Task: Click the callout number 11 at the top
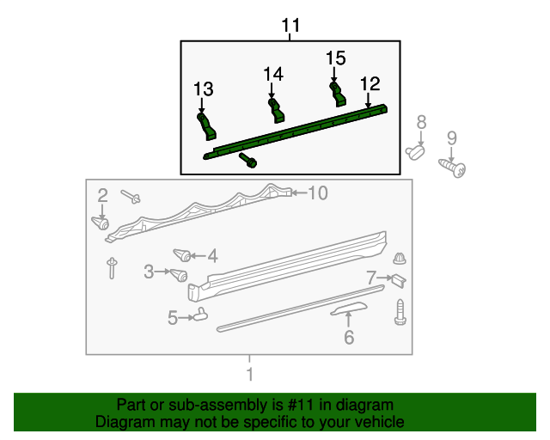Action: (291, 27)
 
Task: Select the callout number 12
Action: (370, 84)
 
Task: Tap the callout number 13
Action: (203, 89)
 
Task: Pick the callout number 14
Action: (273, 75)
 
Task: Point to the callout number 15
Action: (335, 58)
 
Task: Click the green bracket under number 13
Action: (207, 127)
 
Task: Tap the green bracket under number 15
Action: (339, 93)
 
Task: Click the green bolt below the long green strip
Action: (250, 161)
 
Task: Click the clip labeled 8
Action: (417, 153)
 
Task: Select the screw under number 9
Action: (454, 168)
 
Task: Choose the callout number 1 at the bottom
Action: (249, 375)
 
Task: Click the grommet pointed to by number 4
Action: (181, 254)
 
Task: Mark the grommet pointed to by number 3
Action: (179, 275)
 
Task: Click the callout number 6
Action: (348, 338)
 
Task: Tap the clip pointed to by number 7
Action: (399, 279)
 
